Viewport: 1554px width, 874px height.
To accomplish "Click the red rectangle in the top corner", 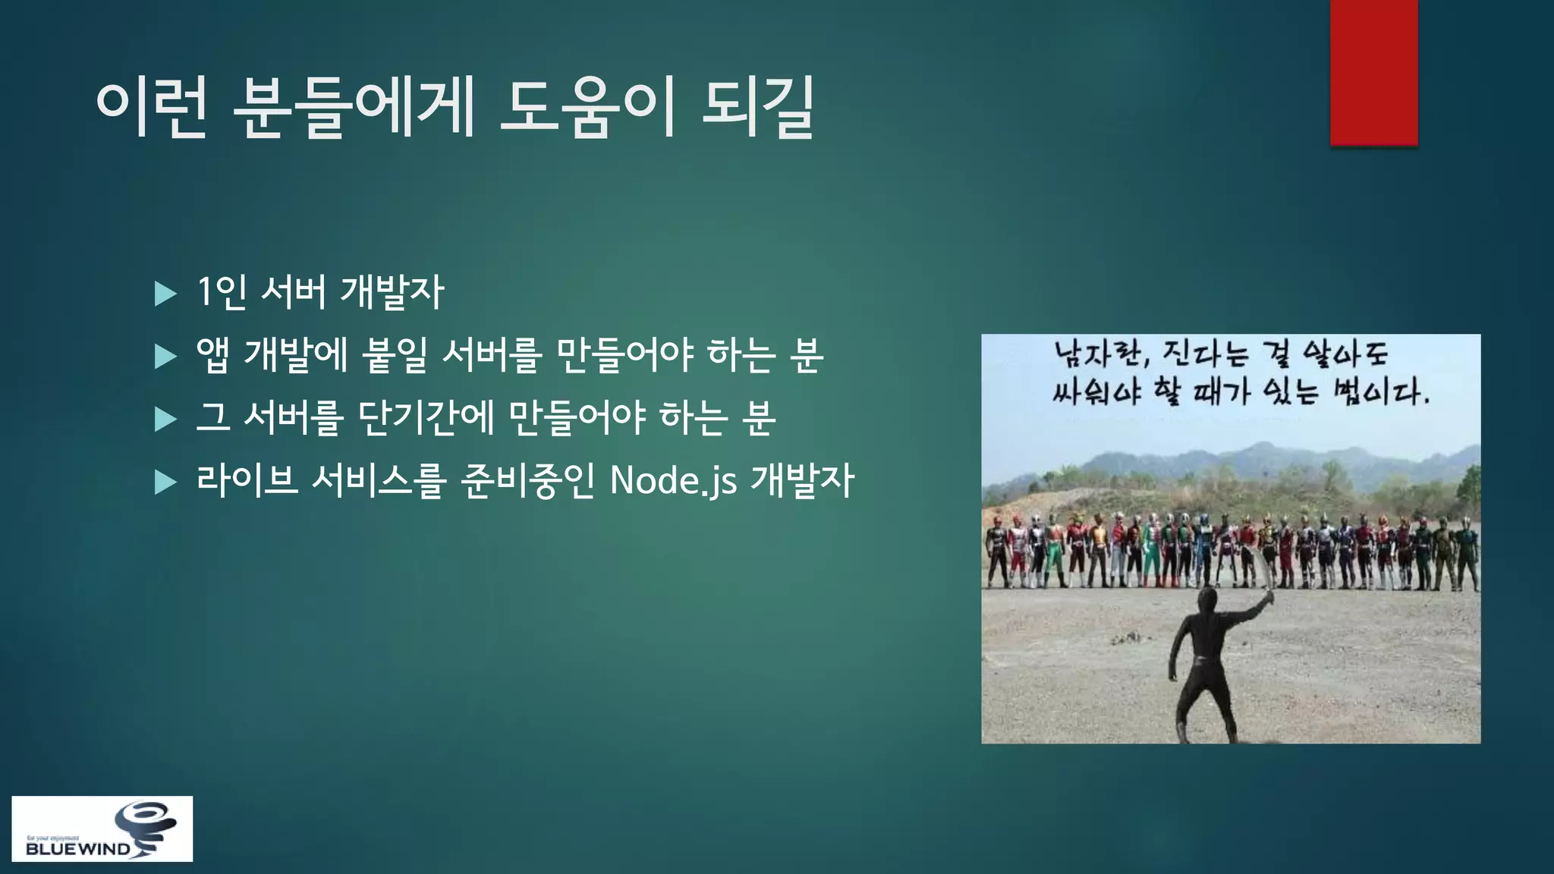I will (x=1373, y=72).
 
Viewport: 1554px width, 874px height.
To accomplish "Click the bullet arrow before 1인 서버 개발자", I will (x=165, y=294).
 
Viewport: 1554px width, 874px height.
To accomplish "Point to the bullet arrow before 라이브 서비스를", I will (x=165, y=482).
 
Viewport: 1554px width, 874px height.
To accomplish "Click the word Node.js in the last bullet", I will (x=673, y=480).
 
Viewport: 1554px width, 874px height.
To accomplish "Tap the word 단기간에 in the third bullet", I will (x=426, y=418).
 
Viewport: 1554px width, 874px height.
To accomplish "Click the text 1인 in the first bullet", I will (x=221, y=292).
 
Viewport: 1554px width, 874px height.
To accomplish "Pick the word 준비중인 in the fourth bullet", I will (x=527, y=480).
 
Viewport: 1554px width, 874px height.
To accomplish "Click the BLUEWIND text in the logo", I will (x=77, y=849).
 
